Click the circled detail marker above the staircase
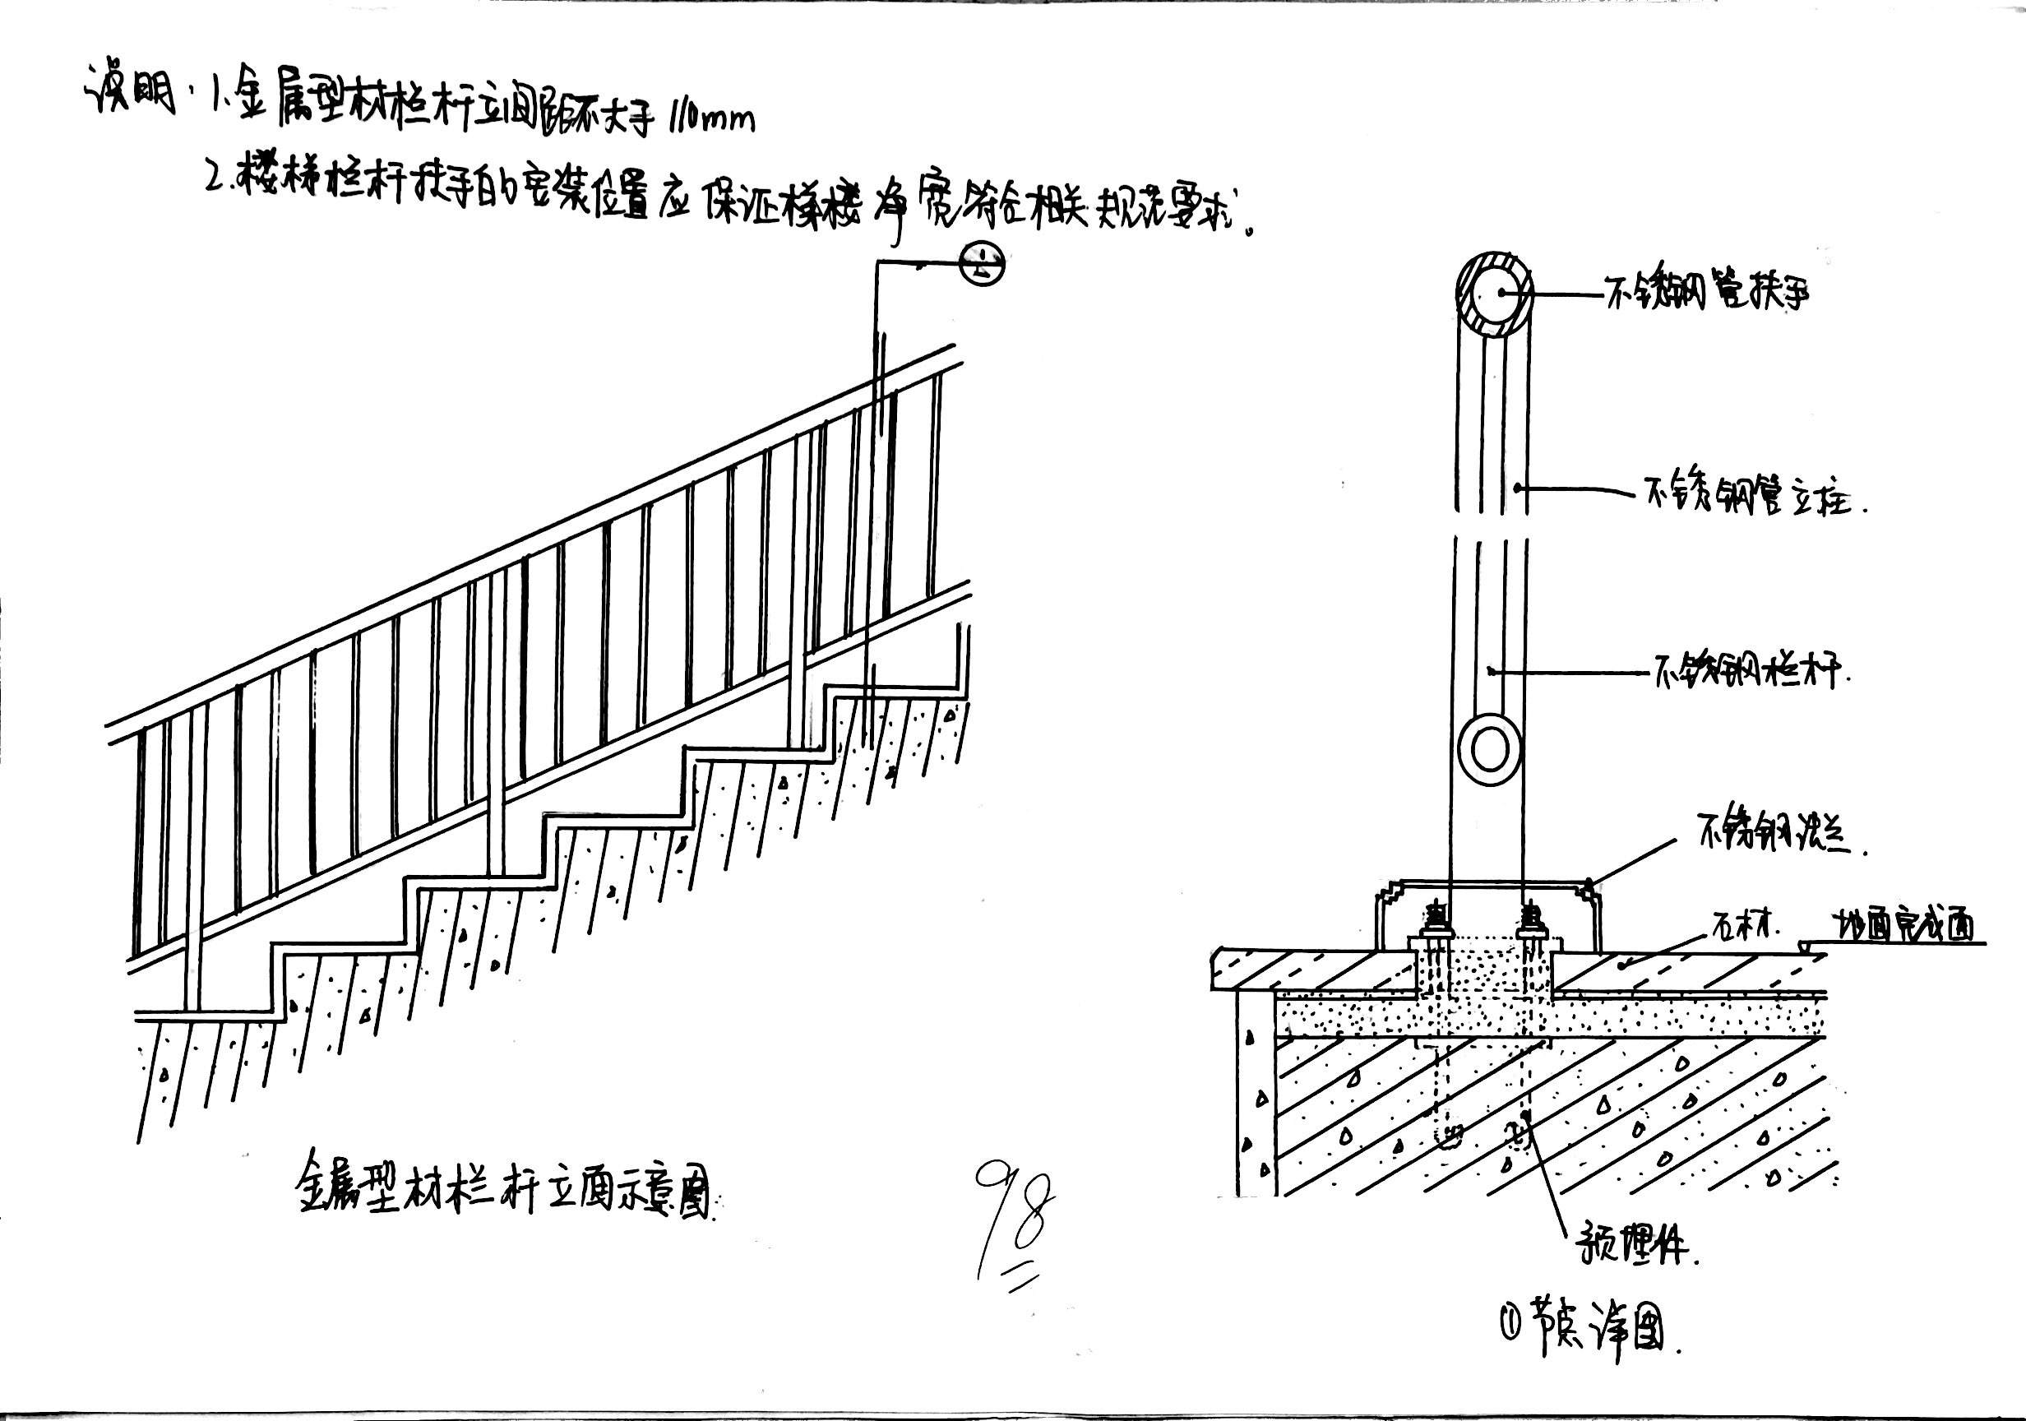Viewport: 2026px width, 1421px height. pyautogui.click(x=980, y=264)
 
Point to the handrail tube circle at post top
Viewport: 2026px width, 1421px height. pyautogui.click(x=1494, y=296)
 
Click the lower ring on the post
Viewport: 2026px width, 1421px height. pyautogui.click(x=1490, y=751)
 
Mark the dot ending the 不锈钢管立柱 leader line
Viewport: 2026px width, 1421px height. pyautogui.click(x=1517, y=486)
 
